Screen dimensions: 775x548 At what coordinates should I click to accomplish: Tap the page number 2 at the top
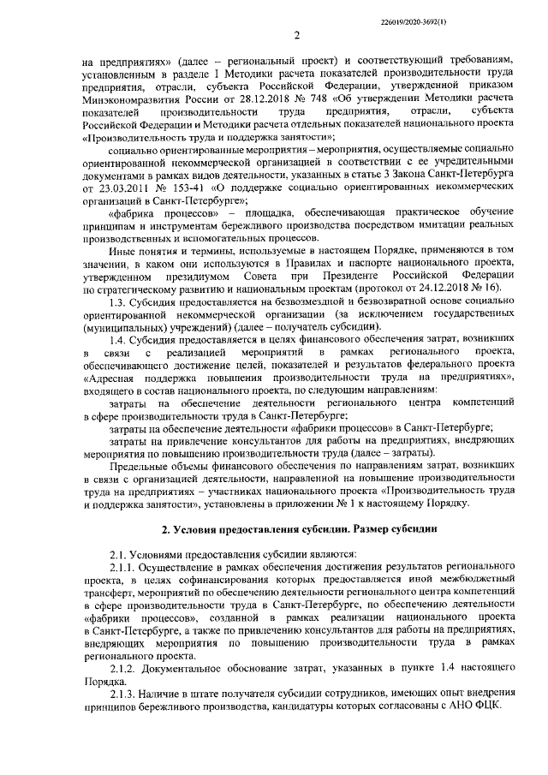295,36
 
